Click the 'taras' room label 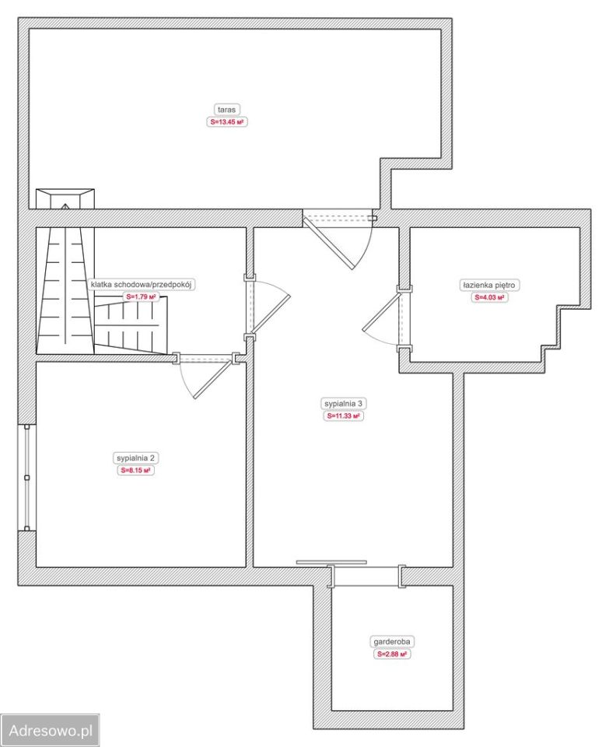point(226,110)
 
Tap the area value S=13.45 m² point(227,122)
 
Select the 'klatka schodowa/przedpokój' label point(141,285)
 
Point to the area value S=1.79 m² point(141,296)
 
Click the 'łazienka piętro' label point(488,285)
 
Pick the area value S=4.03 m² point(489,297)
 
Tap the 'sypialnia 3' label point(343,404)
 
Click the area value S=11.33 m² point(343,416)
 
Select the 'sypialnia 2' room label point(135,458)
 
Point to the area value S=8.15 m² point(135,470)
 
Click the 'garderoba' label point(392,642)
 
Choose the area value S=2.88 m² point(392,654)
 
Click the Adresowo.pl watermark point(50,730)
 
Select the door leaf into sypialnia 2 point(214,379)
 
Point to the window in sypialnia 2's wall point(27,477)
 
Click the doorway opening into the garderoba point(366,577)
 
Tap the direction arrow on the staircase point(65,206)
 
